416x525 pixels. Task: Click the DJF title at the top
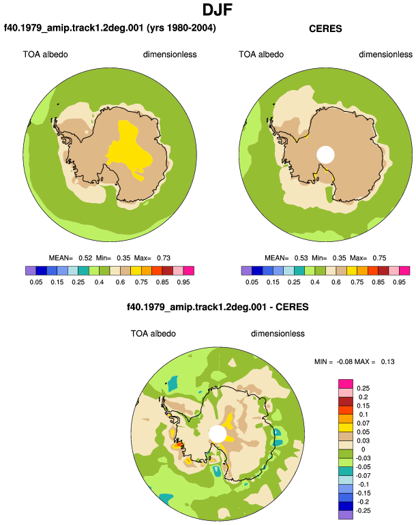218,10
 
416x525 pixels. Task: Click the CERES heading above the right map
325,29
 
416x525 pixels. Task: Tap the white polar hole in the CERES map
325,155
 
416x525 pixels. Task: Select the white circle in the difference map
218,434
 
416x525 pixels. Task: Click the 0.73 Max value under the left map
164,258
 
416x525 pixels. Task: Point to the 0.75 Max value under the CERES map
379,258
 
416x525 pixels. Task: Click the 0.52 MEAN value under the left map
85,258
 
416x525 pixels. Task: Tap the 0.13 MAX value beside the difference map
387,361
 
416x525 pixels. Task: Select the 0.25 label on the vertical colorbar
363,389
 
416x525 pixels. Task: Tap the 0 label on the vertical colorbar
363,449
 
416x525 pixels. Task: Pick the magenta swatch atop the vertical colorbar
346,384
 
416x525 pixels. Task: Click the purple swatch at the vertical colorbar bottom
346,515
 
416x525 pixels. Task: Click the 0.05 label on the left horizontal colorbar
36,282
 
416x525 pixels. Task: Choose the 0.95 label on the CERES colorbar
399,282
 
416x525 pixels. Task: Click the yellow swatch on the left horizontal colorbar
136,271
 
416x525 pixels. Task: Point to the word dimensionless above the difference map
278,333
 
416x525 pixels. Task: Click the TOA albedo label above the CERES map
261,55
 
